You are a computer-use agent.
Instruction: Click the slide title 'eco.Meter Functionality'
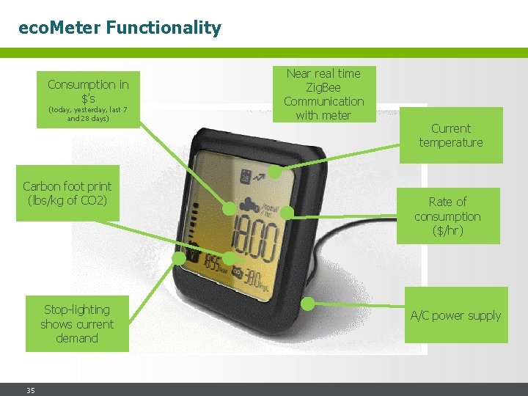click(120, 29)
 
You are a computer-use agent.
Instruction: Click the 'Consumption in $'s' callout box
click(88, 99)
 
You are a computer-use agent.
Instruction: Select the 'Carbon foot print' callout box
click(67, 193)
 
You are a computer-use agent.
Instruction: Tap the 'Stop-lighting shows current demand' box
click(77, 323)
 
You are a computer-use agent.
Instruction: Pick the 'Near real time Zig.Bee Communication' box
click(323, 94)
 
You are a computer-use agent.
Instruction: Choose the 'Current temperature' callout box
click(451, 136)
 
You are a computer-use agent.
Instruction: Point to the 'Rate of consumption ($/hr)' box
click(447, 216)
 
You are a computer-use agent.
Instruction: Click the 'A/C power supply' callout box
click(455, 315)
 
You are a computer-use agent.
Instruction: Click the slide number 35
click(31, 390)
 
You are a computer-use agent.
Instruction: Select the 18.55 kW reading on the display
click(214, 263)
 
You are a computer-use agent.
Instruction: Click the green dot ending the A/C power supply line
click(309, 302)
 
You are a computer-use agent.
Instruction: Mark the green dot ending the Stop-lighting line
click(179, 258)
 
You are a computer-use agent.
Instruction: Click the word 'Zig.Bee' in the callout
click(323, 87)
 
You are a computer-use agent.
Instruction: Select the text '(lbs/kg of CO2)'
click(67, 200)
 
